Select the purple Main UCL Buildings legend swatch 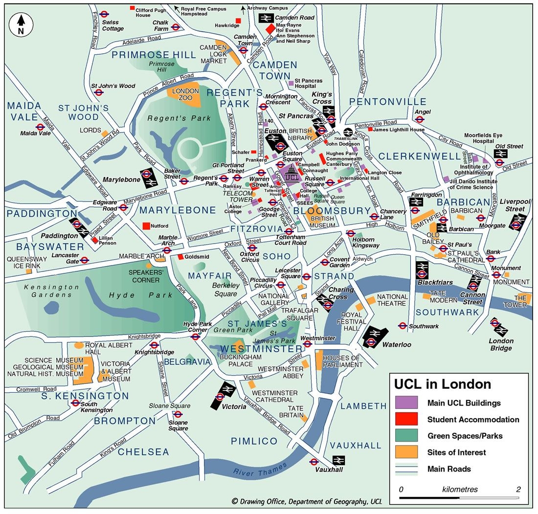tap(406, 403)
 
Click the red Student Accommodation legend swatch tap(406, 419)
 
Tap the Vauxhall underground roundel tap(314, 462)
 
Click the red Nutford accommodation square tap(146, 226)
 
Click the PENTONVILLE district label tap(388, 101)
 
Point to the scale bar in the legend tap(459, 497)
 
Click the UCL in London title tap(443, 384)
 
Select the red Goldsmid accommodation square tap(180, 257)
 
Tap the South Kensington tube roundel tap(75, 403)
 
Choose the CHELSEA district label tap(143, 452)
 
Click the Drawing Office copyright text tap(307, 501)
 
